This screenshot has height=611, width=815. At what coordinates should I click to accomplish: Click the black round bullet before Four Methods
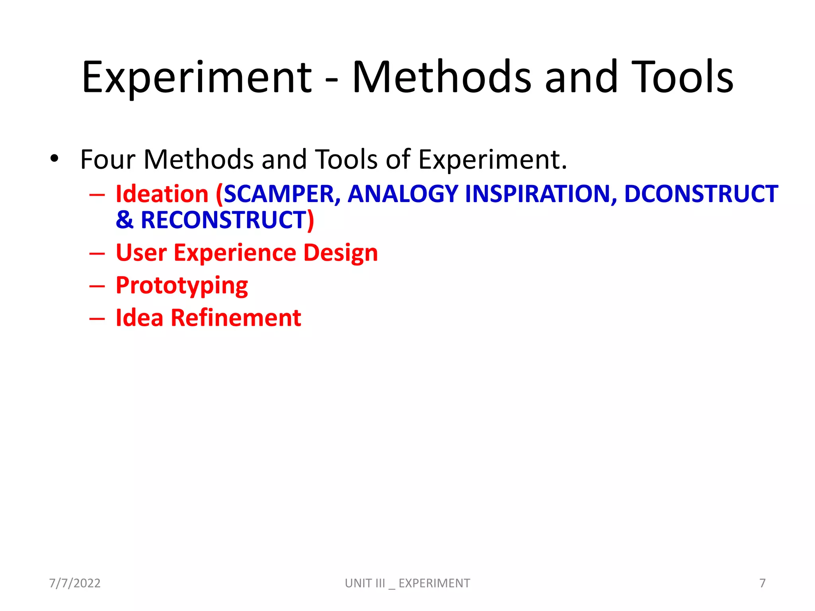55,159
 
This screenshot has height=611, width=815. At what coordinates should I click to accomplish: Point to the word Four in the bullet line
108,160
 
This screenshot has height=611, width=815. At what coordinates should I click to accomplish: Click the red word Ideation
162,194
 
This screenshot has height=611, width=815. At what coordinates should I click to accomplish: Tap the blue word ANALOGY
403,194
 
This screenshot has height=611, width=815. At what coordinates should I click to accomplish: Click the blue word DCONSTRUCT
701,194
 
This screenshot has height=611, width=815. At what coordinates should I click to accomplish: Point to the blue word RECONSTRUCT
223,220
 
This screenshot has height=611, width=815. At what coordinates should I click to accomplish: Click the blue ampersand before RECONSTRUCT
125,220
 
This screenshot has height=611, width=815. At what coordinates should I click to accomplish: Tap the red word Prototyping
182,286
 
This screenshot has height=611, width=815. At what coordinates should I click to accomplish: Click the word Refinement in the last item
236,318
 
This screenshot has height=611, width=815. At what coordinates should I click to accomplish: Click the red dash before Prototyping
97,286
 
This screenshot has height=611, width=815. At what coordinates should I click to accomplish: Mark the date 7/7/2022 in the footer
75,583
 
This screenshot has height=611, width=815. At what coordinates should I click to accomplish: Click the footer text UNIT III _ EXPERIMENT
407,583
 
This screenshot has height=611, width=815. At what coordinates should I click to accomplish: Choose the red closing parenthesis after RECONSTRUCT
310,220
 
